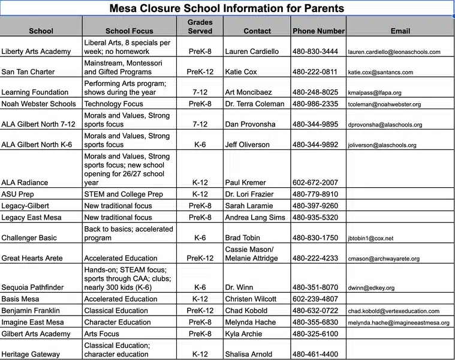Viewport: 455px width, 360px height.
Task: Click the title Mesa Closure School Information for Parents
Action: pyautogui.click(x=227, y=8)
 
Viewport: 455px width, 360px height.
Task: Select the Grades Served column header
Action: pyautogui.click(x=200, y=26)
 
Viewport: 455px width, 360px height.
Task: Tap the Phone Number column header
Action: pyautogui.click(x=318, y=31)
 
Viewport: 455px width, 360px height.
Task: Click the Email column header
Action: pyautogui.click(x=400, y=31)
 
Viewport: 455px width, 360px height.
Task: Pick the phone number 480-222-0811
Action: pyautogui.click(x=315, y=72)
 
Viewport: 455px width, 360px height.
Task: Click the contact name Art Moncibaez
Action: pyautogui.click(x=248, y=92)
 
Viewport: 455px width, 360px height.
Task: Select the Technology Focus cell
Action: pyautogui.click(x=114, y=104)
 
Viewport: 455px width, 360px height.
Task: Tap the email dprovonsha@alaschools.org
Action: pyautogui.click(x=385, y=125)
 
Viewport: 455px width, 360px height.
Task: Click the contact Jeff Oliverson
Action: pyautogui.click(x=247, y=145)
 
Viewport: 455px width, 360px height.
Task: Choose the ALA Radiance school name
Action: pyautogui.click(x=25, y=182)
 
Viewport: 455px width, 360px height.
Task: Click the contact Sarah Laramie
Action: pyautogui.click(x=248, y=206)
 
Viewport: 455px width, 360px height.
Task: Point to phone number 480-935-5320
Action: pyautogui.click(x=315, y=218)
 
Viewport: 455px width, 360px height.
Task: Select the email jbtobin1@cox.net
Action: pyautogui.click(x=370, y=238)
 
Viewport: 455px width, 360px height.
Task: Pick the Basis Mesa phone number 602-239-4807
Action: pyautogui.click(x=315, y=299)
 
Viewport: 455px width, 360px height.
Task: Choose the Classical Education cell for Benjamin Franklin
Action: pyautogui.click(x=116, y=311)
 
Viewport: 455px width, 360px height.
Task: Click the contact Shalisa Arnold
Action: pyautogui.click(x=248, y=354)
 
